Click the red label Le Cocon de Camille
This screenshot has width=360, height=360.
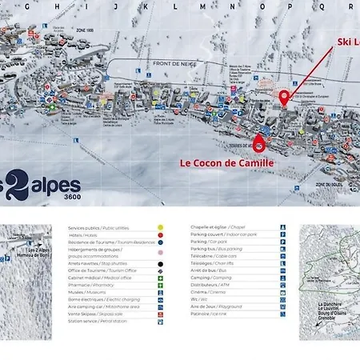point(226,162)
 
